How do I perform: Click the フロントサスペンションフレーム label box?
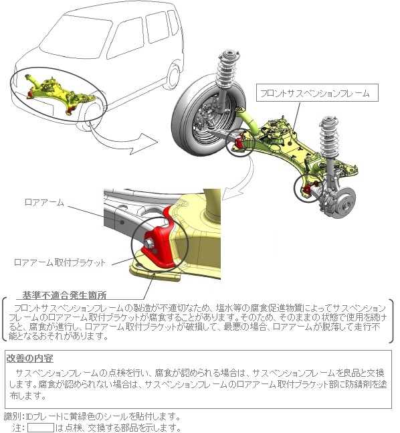coord(317,93)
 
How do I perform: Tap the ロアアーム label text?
coord(44,202)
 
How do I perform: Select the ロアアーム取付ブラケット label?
coord(60,262)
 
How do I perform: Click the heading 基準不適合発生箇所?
coord(65,295)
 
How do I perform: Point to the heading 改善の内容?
coord(30,359)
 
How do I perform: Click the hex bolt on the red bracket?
coord(148,243)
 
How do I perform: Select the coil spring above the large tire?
coord(227,72)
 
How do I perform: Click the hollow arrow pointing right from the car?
coord(124,139)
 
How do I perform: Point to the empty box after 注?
coord(41,428)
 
